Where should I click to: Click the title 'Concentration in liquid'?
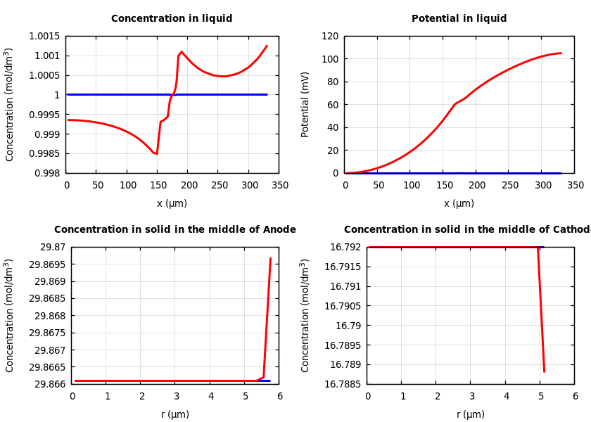pyautogui.click(x=172, y=19)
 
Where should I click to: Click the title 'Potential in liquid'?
pyautogui.click(x=459, y=19)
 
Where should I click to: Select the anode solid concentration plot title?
pyautogui.click(x=175, y=230)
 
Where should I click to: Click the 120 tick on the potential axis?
pyautogui.click(x=331, y=37)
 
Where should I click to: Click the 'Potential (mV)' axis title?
pyautogui.click(x=305, y=104)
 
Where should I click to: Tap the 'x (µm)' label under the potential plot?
pyautogui.click(x=459, y=204)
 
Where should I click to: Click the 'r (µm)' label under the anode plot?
pyautogui.click(x=175, y=415)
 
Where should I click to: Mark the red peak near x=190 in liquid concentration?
pyautogui.click(x=182, y=51)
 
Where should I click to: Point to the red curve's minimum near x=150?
pyautogui.click(x=156, y=153)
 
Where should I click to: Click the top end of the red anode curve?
pyautogui.click(x=270, y=258)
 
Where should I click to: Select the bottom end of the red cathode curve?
pyautogui.click(x=544, y=371)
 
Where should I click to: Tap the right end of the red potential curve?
pyautogui.click(x=561, y=53)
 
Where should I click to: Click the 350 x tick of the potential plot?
pyautogui.click(x=576, y=186)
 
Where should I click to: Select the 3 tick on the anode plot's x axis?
pyautogui.click(x=176, y=397)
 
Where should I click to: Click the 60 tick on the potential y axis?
pyautogui.click(x=333, y=105)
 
